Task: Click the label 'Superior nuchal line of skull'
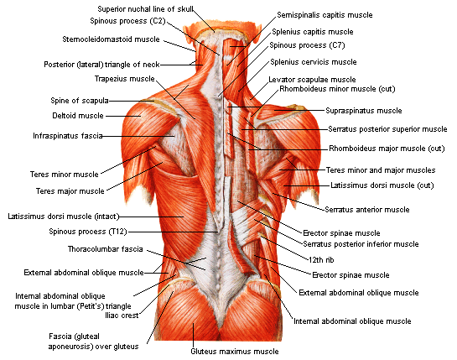pyautogui.click(x=145, y=9)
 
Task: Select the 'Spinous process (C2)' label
pyautogui.click(x=127, y=21)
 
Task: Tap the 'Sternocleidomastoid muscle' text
pyautogui.click(x=111, y=39)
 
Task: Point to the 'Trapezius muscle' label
pyautogui.click(x=124, y=79)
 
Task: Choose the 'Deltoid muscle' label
pyautogui.click(x=78, y=116)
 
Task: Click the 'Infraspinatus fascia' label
pyautogui.click(x=68, y=136)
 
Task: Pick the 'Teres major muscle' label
pyautogui.click(x=70, y=191)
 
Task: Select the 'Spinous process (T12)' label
pyautogui.click(x=88, y=232)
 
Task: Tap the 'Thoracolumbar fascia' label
pyautogui.click(x=105, y=249)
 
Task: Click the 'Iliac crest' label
pyautogui.click(x=122, y=316)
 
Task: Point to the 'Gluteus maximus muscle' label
pyautogui.click(x=235, y=352)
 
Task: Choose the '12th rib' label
pyautogui.click(x=321, y=260)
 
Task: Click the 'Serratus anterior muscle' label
pyautogui.click(x=367, y=210)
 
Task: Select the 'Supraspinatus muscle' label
pyautogui.click(x=364, y=111)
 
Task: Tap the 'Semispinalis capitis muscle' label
pyautogui.click(x=325, y=15)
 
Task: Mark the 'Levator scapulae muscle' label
pyautogui.click(x=312, y=80)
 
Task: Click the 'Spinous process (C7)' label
pyautogui.click(x=307, y=45)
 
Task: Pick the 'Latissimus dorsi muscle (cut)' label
pyautogui.click(x=382, y=185)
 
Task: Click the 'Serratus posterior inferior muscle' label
pyautogui.click(x=361, y=244)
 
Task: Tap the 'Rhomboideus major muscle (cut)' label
pyautogui.click(x=387, y=149)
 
